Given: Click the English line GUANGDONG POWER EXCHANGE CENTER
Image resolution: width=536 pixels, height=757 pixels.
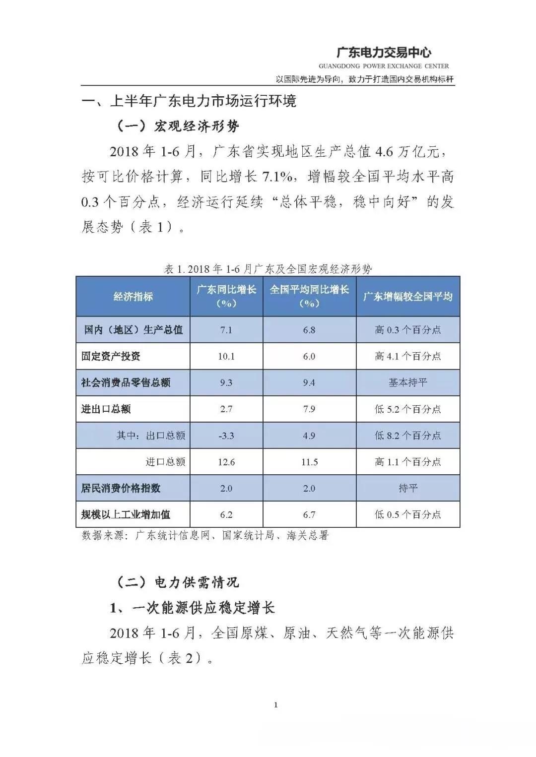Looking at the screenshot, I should click(x=384, y=66).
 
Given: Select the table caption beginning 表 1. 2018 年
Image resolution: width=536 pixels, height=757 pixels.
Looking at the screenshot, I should click(x=268, y=269).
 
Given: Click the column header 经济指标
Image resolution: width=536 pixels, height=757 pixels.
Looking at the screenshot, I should click(x=133, y=297).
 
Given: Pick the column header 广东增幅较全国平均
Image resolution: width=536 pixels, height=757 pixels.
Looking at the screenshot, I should click(x=408, y=297).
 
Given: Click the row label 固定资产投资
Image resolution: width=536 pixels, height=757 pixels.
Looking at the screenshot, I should click(x=111, y=356).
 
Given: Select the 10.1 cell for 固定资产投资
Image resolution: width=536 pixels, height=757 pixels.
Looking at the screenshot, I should click(x=226, y=356).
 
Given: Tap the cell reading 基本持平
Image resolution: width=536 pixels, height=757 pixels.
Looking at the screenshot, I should click(x=408, y=382).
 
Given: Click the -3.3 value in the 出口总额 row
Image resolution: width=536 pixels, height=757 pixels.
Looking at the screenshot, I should click(x=226, y=436).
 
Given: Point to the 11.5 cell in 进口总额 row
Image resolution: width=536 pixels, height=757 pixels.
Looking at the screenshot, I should click(x=309, y=462).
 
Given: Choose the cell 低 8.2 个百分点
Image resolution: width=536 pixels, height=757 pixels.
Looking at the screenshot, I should click(x=408, y=436).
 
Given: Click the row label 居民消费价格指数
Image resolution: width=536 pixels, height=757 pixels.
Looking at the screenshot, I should click(x=121, y=488).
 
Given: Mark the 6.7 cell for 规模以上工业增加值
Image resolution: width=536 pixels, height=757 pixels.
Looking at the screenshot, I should click(x=309, y=514).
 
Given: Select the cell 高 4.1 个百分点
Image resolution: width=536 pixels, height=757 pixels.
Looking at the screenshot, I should click(x=408, y=356).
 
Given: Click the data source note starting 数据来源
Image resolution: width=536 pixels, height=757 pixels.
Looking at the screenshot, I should click(x=205, y=536).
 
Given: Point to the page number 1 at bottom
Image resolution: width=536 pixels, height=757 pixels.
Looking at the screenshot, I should click(x=276, y=705).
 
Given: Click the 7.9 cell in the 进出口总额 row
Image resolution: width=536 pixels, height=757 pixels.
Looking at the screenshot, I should click(x=309, y=409).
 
